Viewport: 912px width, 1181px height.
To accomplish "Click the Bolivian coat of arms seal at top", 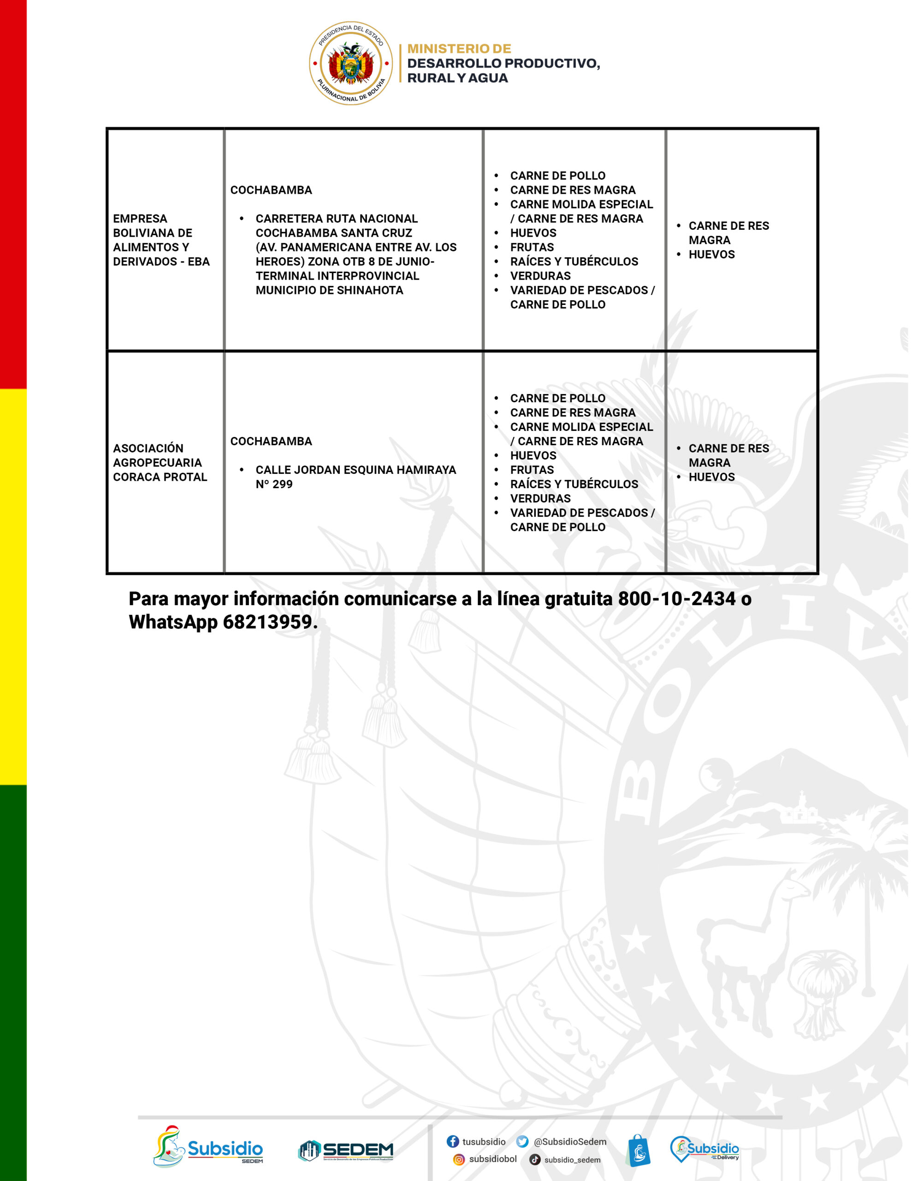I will click(350, 63).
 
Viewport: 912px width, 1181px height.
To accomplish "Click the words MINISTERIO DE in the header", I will click(459, 48).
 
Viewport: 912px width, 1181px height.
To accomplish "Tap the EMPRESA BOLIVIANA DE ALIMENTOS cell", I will click(160, 239).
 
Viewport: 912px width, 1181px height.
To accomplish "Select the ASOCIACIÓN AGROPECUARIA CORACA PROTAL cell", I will click(160, 462).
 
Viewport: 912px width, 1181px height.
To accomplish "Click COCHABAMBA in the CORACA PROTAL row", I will click(271, 441).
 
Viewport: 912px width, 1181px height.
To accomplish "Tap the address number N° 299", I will click(274, 484).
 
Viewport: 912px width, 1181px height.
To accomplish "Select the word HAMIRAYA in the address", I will click(426, 470).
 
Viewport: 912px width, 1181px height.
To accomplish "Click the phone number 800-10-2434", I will click(676, 599).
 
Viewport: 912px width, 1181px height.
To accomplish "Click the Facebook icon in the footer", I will click(452, 1141).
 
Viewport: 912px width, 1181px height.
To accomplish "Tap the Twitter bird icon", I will click(521, 1141).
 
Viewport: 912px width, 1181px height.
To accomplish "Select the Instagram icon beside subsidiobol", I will click(458, 1159).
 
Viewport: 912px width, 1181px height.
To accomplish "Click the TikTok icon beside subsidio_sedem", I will click(535, 1159).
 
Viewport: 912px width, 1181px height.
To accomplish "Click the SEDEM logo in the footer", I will click(346, 1151).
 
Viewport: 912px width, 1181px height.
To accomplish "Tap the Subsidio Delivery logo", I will click(704, 1149).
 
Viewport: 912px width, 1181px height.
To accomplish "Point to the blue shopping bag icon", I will click(638, 1151).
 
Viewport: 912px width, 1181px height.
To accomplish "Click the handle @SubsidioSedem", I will click(570, 1141).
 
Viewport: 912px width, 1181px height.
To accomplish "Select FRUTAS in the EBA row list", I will click(532, 248).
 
